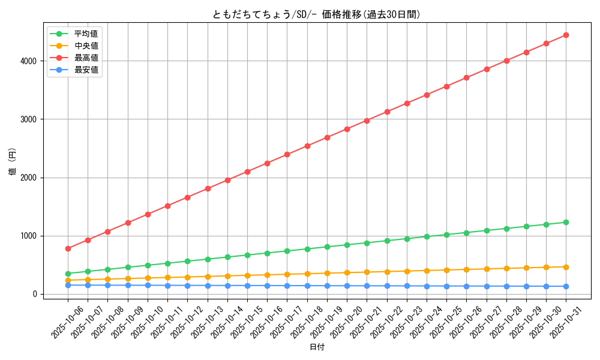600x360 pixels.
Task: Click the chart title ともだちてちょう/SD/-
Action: [316, 14]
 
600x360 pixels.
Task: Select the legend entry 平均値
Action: [86, 34]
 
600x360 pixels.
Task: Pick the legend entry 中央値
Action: [86, 46]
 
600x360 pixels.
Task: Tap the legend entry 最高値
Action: [86, 58]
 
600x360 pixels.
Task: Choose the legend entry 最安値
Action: [86, 70]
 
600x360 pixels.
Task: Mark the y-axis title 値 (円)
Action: [13, 161]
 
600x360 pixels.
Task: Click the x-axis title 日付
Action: [317, 347]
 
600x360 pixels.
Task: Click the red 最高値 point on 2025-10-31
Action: [566, 35]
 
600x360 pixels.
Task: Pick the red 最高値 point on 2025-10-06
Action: [68, 248]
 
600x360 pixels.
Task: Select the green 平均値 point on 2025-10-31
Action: [566, 222]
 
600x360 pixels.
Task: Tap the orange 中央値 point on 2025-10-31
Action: [566, 267]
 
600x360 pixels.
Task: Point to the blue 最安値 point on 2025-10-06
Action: [68, 285]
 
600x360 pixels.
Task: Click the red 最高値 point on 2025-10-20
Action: [347, 129]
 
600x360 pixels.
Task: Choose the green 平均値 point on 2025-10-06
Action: [68, 274]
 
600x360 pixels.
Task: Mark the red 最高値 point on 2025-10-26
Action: [466, 77]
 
